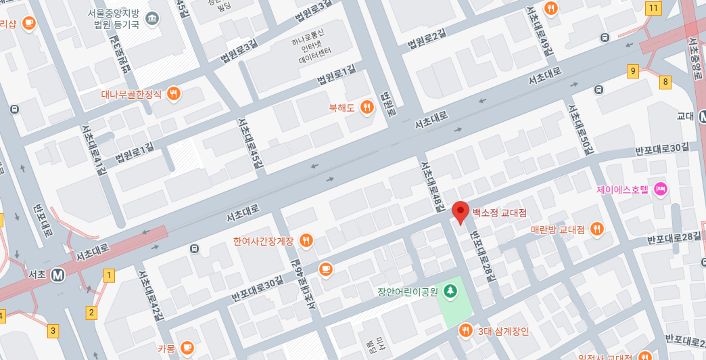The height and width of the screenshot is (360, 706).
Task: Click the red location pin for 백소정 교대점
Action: (461, 212)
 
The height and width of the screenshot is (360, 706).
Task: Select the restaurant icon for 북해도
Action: (367, 107)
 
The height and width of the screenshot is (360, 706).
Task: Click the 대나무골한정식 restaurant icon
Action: (174, 94)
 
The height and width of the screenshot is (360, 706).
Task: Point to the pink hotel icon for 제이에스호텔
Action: (661, 190)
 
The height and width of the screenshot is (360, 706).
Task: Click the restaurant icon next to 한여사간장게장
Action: (306, 240)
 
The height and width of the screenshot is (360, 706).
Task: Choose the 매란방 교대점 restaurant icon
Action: (596, 229)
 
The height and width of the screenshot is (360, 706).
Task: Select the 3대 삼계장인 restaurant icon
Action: (465, 331)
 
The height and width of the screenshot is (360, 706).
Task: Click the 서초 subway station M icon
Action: (58, 275)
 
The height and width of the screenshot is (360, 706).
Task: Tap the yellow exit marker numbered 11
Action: (653, 8)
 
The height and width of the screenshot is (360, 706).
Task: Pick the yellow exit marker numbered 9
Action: (633, 71)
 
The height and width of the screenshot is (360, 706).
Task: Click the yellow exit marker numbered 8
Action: (665, 82)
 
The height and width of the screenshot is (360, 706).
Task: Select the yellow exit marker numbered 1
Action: (109, 275)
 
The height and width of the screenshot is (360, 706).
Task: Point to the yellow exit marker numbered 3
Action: (53, 331)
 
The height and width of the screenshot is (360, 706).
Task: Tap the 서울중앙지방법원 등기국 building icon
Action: (152, 16)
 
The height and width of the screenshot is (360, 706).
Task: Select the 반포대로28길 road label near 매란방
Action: (674, 238)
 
